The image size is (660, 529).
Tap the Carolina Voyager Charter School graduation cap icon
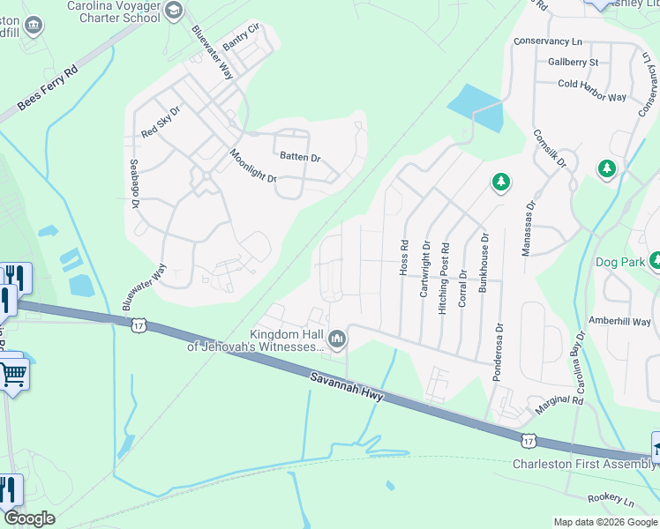[x=174, y=11]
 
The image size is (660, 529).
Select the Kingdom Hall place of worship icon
[x=337, y=339]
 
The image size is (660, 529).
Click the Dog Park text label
[x=620, y=261]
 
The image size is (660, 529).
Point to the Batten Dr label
[x=300, y=158]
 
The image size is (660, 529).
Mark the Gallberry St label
[x=573, y=62]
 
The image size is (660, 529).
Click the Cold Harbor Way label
[x=592, y=85]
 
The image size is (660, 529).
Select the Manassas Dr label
[x=528, y=228]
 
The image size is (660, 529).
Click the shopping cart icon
[x=12, y=373]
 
